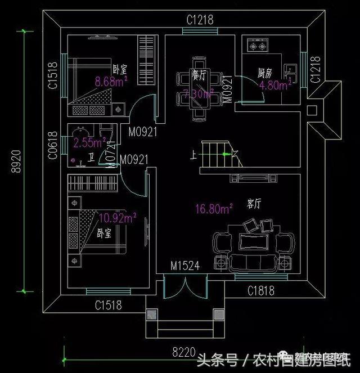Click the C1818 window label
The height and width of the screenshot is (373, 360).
(x=261, y=290)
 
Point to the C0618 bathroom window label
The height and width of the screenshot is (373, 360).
(x=52, y=146)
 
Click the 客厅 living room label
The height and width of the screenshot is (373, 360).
(x=254, y=202)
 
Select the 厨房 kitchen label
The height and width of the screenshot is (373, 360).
(x=265, y=73)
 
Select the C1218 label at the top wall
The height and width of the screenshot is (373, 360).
(x=200, y=20)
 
